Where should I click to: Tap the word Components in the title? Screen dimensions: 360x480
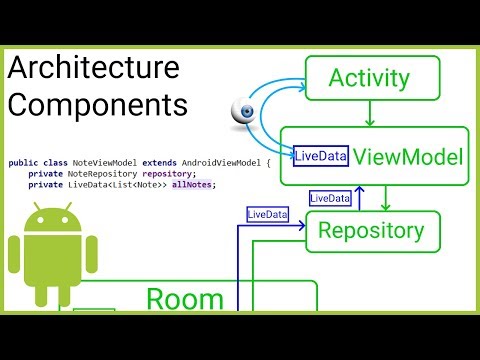pos(98,104)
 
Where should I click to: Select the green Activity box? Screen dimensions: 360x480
pos(369,78)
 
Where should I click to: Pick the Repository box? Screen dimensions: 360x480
pos(371,231)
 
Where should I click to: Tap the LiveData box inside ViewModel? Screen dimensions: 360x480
pos(320,155)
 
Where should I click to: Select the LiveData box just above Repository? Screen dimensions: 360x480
pos(331,199)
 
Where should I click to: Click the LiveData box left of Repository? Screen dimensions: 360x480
pos(268,214)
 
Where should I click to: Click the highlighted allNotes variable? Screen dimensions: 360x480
pos(195,184)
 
